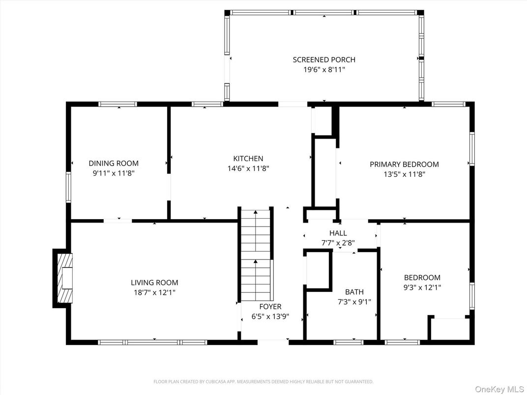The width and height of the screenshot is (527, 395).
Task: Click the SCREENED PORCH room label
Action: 323,59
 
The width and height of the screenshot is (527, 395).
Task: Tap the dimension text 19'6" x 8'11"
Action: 323,70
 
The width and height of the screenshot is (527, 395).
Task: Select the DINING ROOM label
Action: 114,163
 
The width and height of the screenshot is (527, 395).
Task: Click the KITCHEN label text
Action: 248,158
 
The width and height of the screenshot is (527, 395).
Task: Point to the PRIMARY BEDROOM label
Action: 404,164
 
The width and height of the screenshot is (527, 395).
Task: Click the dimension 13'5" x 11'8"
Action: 404,174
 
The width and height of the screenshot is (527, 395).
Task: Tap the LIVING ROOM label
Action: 154,282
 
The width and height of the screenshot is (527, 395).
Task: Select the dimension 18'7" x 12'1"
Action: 154,292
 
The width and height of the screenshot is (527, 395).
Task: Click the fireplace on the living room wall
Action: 64,278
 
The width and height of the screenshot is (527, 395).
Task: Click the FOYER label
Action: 270,307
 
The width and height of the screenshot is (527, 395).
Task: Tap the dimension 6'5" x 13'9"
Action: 270,317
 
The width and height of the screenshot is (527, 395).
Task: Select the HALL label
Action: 338,233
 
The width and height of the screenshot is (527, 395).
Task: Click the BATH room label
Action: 354,292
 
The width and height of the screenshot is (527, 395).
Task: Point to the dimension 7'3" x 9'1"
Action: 354,302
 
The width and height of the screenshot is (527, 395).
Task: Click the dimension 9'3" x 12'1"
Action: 422,287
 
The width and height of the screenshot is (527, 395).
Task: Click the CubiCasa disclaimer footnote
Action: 263,381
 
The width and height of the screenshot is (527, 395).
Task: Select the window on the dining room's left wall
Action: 69,187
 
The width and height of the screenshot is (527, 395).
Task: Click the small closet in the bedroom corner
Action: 448,329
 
